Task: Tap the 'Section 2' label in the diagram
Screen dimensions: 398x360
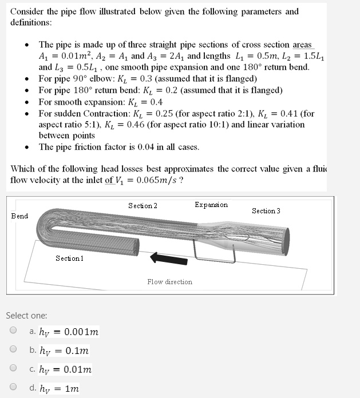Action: tap(143, 205)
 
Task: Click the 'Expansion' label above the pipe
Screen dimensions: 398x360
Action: tap(211, 205)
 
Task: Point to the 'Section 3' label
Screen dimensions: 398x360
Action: tap(266, 211)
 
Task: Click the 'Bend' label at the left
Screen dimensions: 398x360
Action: tap(19, 216)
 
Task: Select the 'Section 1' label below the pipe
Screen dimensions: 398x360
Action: tap(70, 258)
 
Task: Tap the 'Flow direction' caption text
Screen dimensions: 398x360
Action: tap(169, 281)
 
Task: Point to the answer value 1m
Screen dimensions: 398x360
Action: tap(72, 388)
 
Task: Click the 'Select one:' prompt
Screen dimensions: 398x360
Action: tap(26, 315)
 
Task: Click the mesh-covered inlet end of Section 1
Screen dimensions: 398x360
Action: tap(133, 247)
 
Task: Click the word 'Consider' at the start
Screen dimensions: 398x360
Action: tap(26, 11)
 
